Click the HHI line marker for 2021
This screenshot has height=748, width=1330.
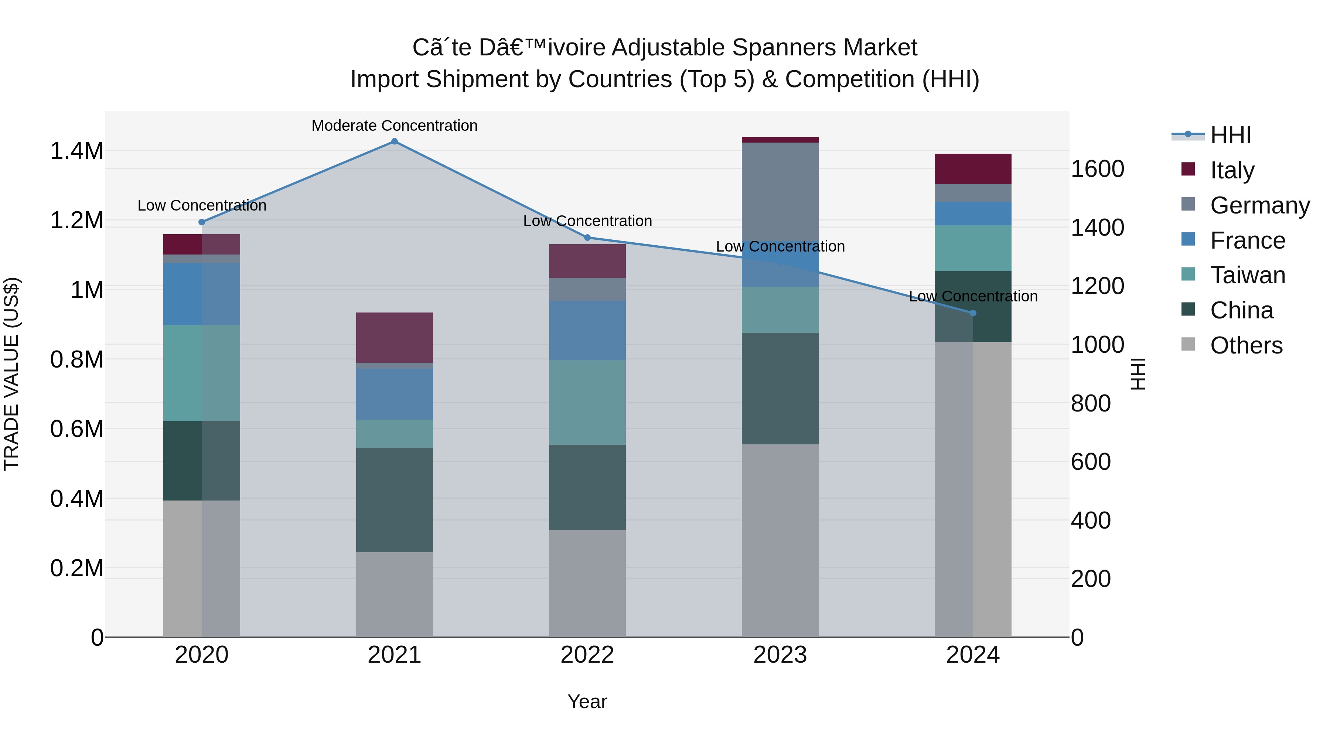395,141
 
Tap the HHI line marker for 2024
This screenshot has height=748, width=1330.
973,313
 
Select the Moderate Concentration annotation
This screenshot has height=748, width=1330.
395,126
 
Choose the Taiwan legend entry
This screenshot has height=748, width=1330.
1247,275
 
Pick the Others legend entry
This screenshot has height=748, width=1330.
1246,345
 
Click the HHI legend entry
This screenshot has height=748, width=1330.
1230,135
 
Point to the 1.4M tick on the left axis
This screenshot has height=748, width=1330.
76,151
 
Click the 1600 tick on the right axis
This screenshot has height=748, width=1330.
1097,169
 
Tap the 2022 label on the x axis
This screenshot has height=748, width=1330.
587,655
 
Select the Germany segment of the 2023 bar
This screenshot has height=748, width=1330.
780,191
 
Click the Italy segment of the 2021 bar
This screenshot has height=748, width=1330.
395,337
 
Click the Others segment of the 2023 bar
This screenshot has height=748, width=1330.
780,540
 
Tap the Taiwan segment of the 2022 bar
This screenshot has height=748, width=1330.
587,402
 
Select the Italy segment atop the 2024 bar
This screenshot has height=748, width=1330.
973,169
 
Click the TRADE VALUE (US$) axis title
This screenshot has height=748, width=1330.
11,374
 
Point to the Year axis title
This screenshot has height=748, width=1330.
587,701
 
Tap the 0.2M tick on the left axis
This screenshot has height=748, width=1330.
76,568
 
